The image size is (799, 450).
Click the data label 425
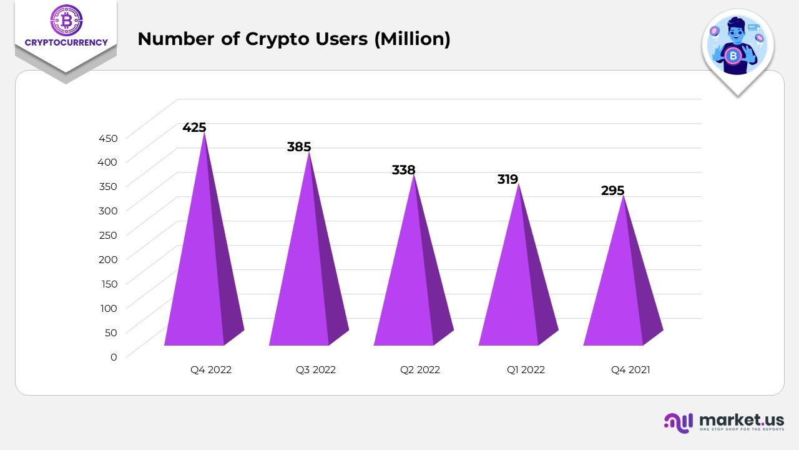[x=194, y=127]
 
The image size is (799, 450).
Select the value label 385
[x=299, y=147]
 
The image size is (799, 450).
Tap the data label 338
[x=403, y=170]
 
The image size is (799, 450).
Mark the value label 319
[x=507, y=179]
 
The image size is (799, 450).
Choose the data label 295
[x=612, y=191]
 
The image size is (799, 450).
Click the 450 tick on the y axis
[x=107, y=137]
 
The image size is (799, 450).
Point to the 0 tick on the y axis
[x=113, y=357]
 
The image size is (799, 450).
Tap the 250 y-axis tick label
[x=107, y=235]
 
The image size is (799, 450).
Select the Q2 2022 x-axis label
[x=420, y=370]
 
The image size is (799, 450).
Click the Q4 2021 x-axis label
[x=630, y=370]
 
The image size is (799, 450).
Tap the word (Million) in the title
[x=412, y=39]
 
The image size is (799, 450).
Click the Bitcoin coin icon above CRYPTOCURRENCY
[x=66, y=20]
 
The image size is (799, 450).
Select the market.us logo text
[x=741, y=420]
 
